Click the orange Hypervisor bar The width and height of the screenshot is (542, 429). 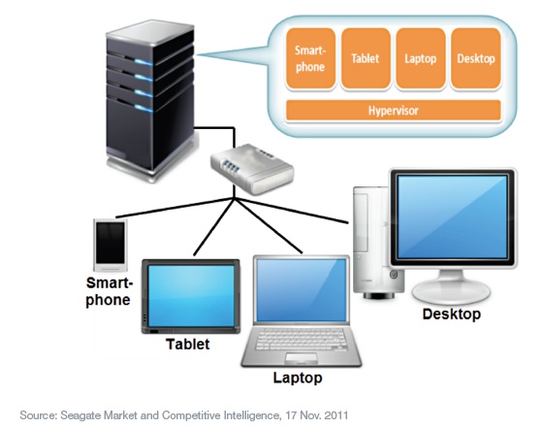point(394,111)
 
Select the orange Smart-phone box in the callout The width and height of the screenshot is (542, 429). point(310,58)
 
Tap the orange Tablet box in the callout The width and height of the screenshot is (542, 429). point(366,58)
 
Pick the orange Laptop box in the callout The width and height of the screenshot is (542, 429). point(421,58)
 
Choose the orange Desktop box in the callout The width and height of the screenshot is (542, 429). point(476,58)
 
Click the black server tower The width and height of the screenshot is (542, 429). point(151,100)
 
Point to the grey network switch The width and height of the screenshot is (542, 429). point(253,169)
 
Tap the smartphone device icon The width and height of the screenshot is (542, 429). point(111,245)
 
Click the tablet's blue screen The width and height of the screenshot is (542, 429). point(191,295)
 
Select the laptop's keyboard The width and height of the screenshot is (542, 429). point(301,340)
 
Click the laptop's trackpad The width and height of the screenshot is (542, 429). point(302,358)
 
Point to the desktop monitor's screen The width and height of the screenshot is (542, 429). point(452,216)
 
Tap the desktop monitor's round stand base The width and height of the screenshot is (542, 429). point(451,291)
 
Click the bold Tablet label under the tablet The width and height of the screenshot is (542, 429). point(188,345)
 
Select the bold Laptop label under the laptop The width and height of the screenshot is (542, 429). point(298,378)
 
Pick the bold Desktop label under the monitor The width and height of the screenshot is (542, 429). point(452,314)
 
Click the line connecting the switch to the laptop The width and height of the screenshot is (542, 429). point(269,226)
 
